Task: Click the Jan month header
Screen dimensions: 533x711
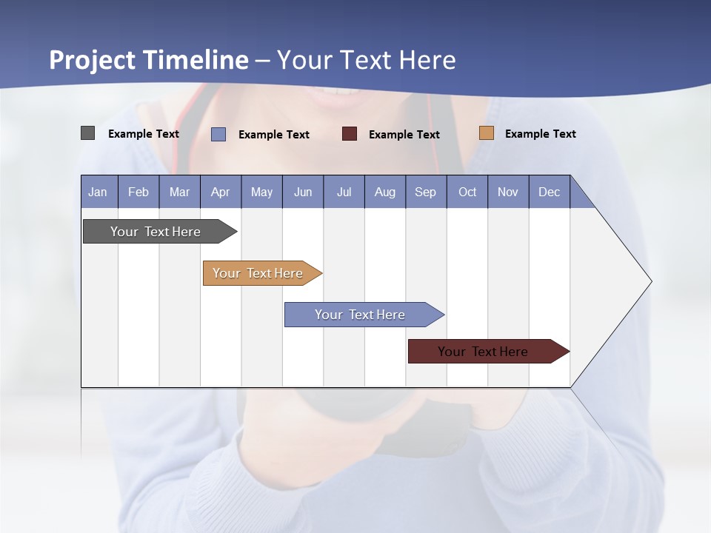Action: point(98,192)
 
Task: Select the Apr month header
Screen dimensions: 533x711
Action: point(220,192)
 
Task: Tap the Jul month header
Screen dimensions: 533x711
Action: point(344,192)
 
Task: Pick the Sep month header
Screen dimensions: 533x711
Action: point(425,192)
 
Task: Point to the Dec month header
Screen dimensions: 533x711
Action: point(549,192)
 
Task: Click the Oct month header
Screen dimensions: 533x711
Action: point(467,192)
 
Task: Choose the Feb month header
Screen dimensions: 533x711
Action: point(138,192)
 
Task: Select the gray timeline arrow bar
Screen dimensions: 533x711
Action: point(156,232)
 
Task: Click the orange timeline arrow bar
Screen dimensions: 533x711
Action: point(258,273)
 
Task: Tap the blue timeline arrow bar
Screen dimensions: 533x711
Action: point(360,315)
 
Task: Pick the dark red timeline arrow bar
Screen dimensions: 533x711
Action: point(483,352)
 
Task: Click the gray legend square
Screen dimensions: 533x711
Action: point(88,133)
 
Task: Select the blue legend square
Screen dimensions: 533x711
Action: point(218,134)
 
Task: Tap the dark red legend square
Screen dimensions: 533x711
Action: point(350,134)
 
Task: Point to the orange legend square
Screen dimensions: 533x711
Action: point(487,133)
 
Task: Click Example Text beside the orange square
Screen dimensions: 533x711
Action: point(540,134)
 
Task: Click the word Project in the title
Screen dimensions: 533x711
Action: point(93,60)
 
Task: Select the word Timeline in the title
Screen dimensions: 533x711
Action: point(196,60)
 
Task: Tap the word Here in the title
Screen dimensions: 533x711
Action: point(427,60)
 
